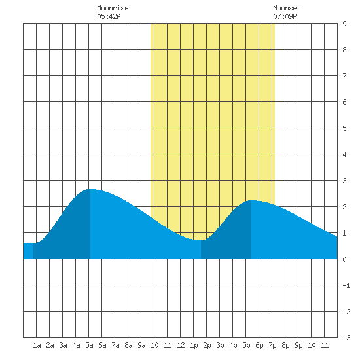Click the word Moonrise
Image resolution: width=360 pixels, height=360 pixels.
(x=113, y=8)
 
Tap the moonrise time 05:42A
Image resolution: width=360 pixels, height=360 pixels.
(x=109, y=16)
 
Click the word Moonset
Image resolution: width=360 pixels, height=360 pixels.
(x=287, y=8)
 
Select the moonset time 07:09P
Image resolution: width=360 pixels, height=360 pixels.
(x=285, y=16)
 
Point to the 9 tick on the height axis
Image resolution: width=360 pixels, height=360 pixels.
(x=344, y=24)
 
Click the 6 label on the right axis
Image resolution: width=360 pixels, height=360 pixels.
(x=344, y=102)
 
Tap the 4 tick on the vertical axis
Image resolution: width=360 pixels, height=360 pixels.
(x=344, y=154)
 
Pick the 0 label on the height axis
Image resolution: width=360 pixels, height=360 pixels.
(x=344, y=259)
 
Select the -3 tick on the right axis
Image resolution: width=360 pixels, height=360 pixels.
(x=346, y=338)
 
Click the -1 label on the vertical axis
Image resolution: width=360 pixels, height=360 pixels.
(x=346, y=285)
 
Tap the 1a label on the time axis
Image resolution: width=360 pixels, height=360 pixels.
(x=37, y=345)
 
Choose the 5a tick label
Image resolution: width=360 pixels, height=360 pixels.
(x=89, y=345)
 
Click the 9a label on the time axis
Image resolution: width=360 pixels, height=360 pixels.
(x=141, y=345)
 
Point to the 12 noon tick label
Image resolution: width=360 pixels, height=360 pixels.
(x=181, y=345)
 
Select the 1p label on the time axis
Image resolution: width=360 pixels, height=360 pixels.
(x=194, y=345)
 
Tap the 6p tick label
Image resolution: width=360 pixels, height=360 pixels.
(x=259, y=345)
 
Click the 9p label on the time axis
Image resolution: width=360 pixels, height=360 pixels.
(x=298, y=345)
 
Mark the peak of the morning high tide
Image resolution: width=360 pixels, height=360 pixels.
(x=90, y=189)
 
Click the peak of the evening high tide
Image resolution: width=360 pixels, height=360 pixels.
(x=251, y=200)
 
